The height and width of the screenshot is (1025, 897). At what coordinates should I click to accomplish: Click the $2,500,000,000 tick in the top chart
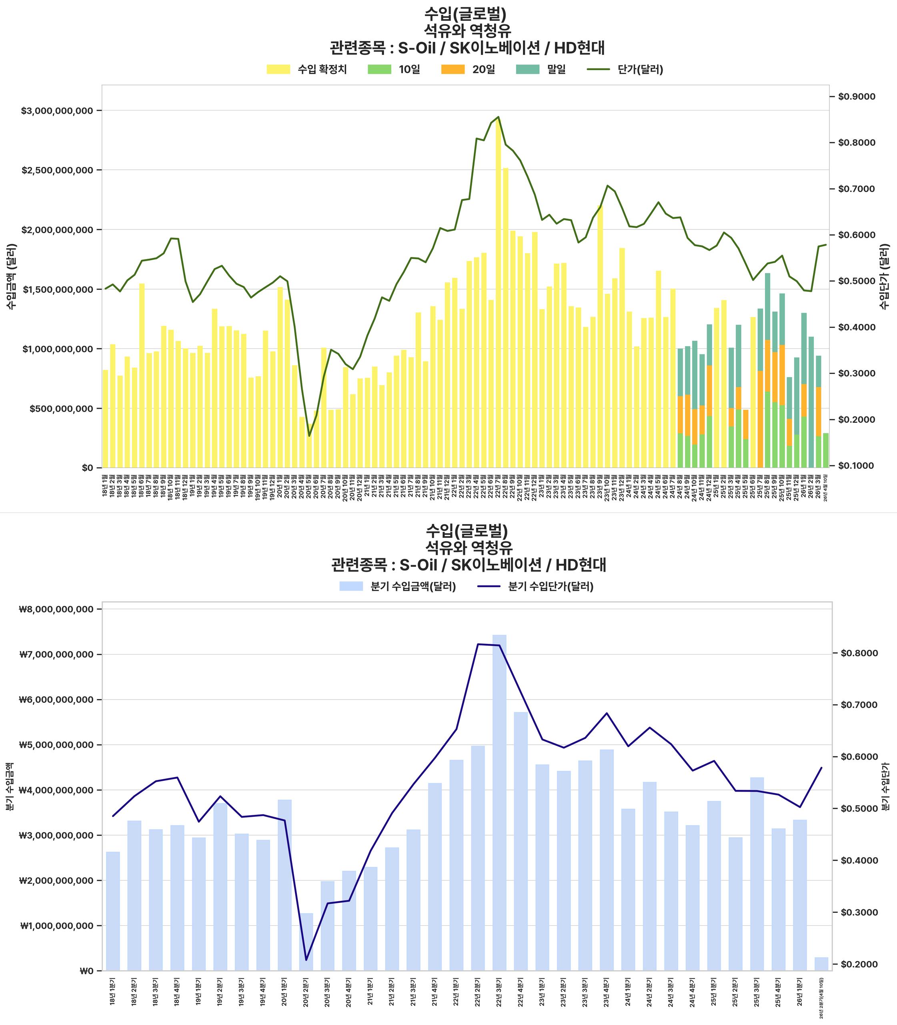click(x=57, y=170)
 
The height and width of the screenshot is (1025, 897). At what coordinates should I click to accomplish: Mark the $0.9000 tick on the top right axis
click(x=857, y=96)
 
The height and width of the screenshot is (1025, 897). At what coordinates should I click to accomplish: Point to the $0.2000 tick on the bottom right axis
click(x=859, y=965)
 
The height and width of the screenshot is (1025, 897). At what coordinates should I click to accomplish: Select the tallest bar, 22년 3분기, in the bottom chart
click(x=499, y=802)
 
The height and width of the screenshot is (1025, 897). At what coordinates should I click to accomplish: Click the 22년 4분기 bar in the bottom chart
click(x=521, y=842)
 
